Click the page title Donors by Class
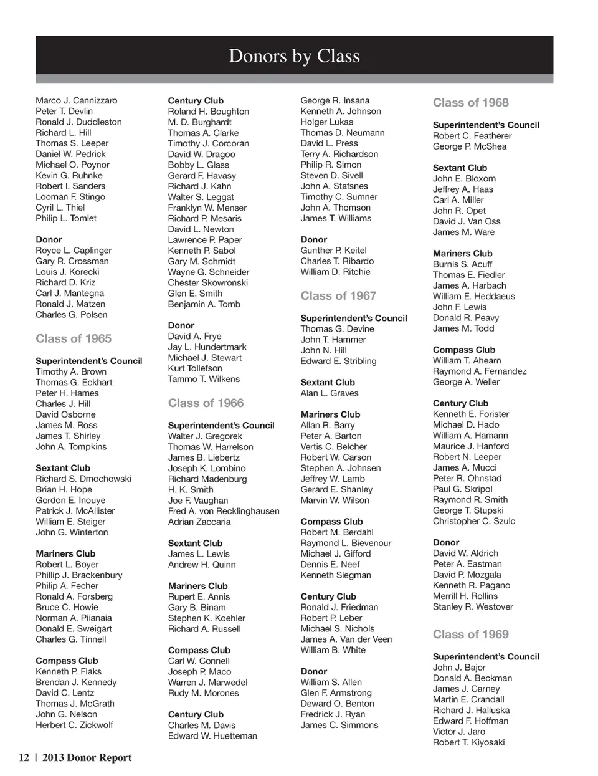(294, 56)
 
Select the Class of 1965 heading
(74, 338)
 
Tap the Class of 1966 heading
(206, 403)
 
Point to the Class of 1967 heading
(338, 295)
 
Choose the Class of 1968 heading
(470, 103)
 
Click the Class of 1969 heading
(470, 634)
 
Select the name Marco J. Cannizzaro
(76, 100)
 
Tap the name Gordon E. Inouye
(70, 500)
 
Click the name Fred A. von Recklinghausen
(224, 511)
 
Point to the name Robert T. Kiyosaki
(468, 742)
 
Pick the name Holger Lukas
(326, 122)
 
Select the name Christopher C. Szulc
(474, 521)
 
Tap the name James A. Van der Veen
(346, 639)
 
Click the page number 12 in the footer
(24, 758)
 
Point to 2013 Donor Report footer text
(87, 758)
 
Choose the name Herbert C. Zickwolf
(74, 725)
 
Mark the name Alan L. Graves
(330, 393)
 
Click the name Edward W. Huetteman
(212, 736)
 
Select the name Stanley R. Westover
(473, 606)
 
